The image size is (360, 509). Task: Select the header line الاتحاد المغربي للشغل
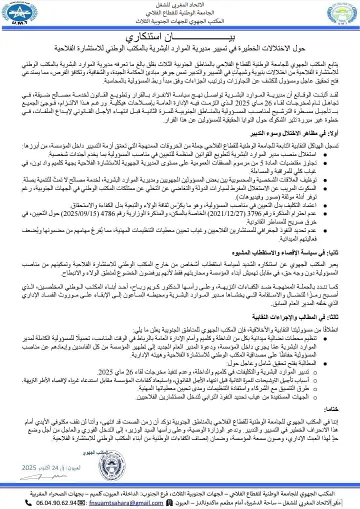[180, 5]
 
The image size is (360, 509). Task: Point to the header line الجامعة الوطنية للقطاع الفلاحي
[180, 13]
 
